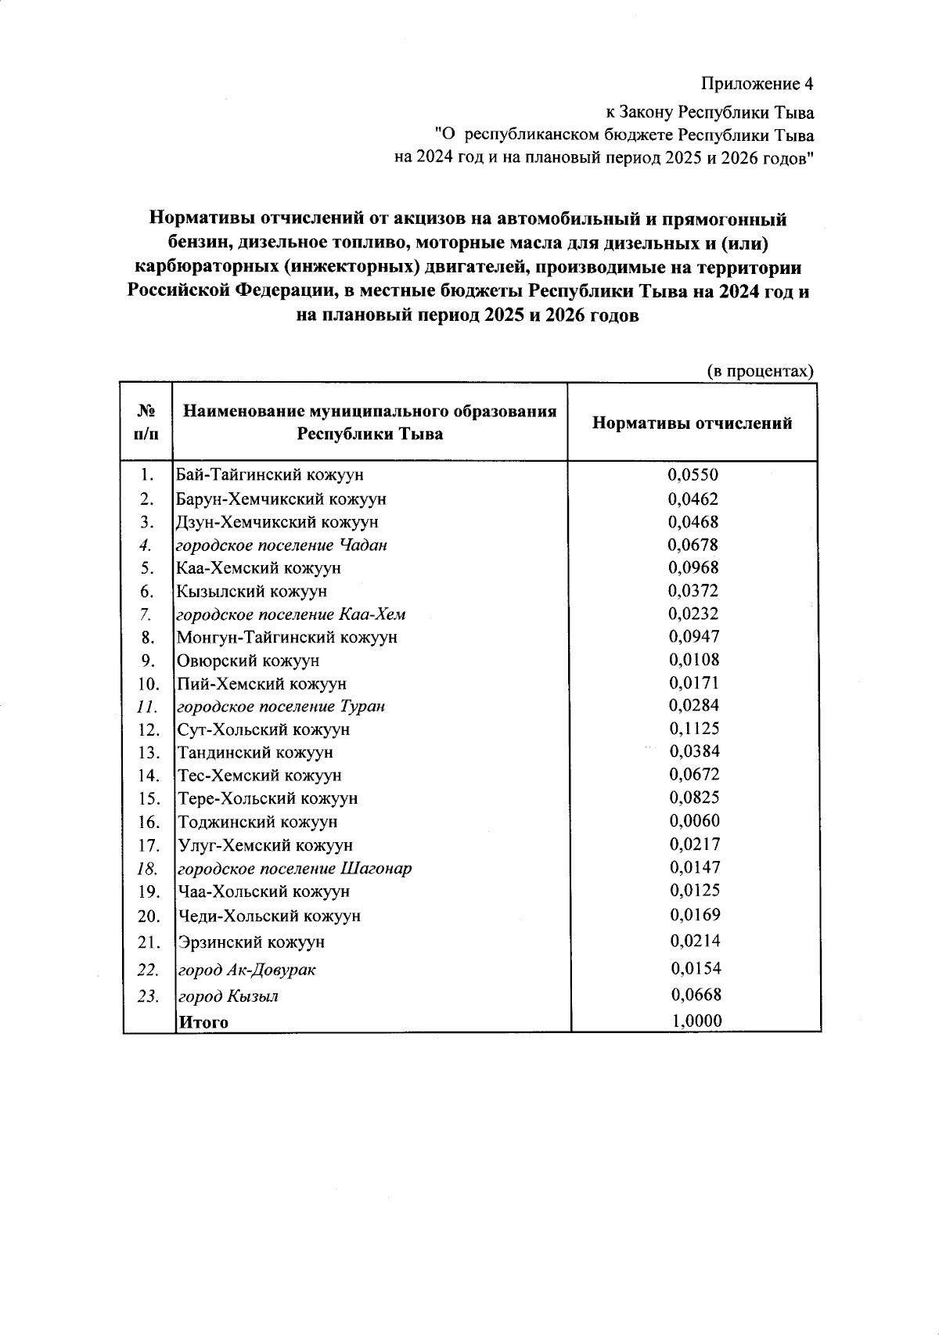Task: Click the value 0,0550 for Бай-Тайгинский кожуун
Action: coord(693,475)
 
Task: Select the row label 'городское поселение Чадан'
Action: coord(282,545)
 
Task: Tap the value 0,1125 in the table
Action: coord(693,729)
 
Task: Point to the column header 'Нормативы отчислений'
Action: coord(692,423)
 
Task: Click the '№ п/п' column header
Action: coord(145,422)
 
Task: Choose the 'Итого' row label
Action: coord(203,1022)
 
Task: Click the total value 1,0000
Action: coord(696,1021)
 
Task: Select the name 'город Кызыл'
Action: coord(228,997)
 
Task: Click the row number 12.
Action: coord(149,730)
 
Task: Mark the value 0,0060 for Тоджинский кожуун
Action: coord(695,821)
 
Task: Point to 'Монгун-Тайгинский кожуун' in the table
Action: coord(287,637)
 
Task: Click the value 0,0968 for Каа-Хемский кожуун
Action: coord(693,567)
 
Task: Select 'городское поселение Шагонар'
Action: coord(294,869)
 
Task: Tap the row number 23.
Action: coord(148,997)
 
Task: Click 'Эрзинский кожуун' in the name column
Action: coord(250,942)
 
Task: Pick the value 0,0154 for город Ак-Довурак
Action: coord(696,968)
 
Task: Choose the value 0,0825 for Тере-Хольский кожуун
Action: coord(694,798)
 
